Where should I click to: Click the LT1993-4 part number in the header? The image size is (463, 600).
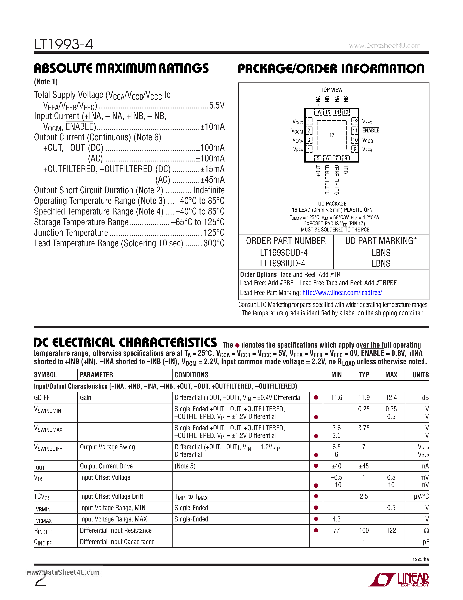pyautogui.click(x=64, y=44)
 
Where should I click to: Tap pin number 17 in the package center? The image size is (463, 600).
pyautogui.click(x=332, y=135)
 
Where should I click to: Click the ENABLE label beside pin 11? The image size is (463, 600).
pyautogui.click(x=371, y=131)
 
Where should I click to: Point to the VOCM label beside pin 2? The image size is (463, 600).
pyautogui.click(x=297, y=131)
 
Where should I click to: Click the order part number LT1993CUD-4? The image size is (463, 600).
pyautogui.click(x=284, y=252)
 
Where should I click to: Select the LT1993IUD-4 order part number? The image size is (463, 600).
pyautogui.click(x=283, y=263)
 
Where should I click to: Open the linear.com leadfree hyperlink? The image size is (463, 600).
pyautogui.click(x=342, y=293)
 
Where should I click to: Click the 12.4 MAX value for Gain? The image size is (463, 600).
pyautogui.click(x=391, y=398)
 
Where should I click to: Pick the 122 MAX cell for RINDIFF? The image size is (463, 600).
pyautogui.click(x=391, y=530)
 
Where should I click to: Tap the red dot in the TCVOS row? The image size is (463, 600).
pyautogui.click(x=316, y=496)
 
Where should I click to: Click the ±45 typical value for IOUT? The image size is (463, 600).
pyautogui.click(x=364, y=466)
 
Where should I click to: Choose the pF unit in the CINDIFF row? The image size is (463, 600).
pyautogui.click(x=426, y=542)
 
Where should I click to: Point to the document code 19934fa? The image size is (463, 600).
pyautogui.click(x=421, y=559)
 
